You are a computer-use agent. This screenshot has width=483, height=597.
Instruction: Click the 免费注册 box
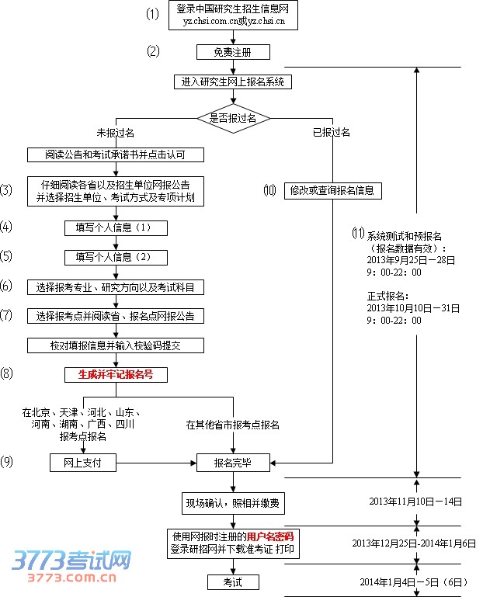[233, 52]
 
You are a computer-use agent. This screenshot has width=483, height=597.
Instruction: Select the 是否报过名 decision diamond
[233, 118]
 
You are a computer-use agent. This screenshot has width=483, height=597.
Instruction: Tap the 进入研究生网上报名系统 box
[233, 82]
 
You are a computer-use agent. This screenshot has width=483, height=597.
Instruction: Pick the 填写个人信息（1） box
[116, 227]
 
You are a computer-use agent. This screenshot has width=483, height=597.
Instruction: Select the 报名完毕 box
[233, 463]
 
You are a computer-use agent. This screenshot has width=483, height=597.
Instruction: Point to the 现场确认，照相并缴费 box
[233, 503]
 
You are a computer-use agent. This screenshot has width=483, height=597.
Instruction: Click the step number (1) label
[152, 15]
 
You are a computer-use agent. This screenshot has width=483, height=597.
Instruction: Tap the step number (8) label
[7, 374]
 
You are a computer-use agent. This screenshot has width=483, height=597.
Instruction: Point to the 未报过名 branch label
[115, 133]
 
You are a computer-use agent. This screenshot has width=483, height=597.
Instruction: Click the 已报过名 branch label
[332, 133]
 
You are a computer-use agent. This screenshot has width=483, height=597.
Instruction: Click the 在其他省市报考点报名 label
[233, 425]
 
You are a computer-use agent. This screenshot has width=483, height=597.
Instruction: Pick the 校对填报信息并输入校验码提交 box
[116, 345]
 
